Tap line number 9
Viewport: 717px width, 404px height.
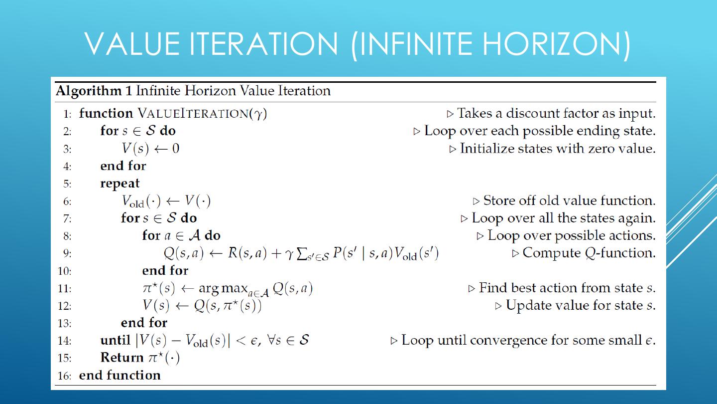67,253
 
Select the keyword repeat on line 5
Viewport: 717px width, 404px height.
120,183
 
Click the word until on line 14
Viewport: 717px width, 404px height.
115,340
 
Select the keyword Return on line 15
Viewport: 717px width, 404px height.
122,358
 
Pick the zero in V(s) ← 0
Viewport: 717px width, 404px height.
175,149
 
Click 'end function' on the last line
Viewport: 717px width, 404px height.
120,375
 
